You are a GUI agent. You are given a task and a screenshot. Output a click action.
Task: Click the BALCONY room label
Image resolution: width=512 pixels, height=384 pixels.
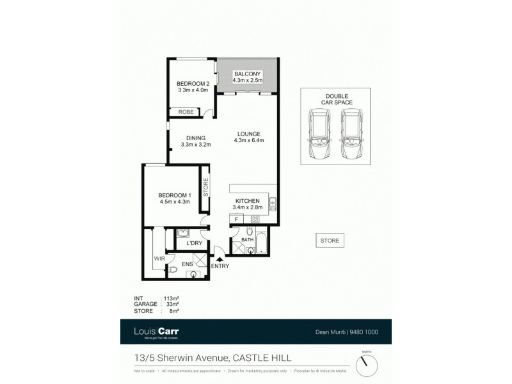pyautogui.click(x=247, y=74)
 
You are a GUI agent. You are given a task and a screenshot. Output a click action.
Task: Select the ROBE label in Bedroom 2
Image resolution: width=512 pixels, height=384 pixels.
pyautogui.click(x=186, y=112)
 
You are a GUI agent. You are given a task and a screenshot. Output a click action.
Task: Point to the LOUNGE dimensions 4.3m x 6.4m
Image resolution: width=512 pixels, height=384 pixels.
pyautogui.click(x=249, y=140)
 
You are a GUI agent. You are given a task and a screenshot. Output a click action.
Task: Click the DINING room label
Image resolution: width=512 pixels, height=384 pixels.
pyautogui.click(x=196, y=138)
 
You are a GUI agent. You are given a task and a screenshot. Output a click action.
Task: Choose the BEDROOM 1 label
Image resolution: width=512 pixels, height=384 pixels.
pyautogui.click(x=175, y=195)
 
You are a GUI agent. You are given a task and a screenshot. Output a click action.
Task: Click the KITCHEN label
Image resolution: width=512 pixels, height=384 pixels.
pyautogui.click(x=247, y=201)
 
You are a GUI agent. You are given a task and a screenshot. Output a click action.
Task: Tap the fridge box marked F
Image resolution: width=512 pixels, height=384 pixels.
pyautogui.click(x=236, y=220)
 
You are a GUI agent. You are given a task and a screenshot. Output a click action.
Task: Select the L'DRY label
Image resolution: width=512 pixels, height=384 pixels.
pyautogui.click(x=194, y=244)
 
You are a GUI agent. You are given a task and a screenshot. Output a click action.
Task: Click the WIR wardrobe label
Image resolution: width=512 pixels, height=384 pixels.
pyautogui.click(x=159, y=259)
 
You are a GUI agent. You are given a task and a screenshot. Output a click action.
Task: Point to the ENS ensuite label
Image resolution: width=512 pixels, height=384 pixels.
pyautogui.click(x=188, y=263)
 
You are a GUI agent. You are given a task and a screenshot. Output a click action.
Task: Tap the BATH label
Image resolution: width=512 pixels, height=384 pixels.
pyautogui.click(x=248, y=239)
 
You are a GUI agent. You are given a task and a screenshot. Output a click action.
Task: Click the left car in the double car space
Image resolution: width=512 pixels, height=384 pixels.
pyautogui.click(x=318, y=135)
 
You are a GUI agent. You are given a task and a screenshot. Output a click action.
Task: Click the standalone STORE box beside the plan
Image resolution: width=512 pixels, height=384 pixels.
pyautogui.click(x=330, y=241)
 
